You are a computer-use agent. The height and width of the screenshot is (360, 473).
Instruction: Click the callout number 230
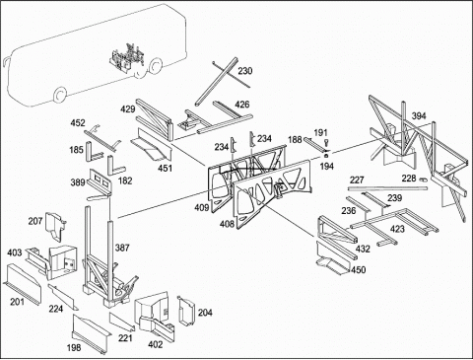[x=245, y=71]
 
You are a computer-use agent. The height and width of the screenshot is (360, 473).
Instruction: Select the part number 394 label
[x=419, y=115]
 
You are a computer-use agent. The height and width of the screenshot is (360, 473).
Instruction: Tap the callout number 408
[x=227, y=224]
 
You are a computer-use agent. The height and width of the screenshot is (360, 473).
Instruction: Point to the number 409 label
[x=201, y=207]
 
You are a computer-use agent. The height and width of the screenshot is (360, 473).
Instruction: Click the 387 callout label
[x=122, y=248]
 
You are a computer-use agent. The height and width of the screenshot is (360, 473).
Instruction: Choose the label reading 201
[x=17, y=301]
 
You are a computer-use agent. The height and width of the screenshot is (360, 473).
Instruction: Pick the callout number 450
[x=358, y=269]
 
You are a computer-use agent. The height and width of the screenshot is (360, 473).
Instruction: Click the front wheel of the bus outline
[x=59, y=96]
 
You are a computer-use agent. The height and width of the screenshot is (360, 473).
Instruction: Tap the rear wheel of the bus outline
[x=155, y=66]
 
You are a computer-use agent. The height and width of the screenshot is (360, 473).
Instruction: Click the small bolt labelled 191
[x=326, y=143]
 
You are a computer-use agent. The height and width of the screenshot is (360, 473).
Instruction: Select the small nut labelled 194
[x=326, y=155]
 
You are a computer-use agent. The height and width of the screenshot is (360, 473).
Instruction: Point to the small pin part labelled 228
[x=423, y=180]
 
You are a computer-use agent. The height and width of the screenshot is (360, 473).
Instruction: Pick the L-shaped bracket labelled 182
[x=115, y=167]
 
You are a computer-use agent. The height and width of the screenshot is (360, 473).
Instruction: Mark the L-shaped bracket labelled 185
[x=95, y=151]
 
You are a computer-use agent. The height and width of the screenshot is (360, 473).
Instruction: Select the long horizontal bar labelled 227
[x=387, y=188]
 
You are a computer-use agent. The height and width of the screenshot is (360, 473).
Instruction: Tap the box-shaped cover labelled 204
[x=185, y=311]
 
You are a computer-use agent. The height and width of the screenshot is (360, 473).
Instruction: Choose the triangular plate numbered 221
[x=122, y=322]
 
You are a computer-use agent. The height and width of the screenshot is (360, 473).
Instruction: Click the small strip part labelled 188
[x=312, y=144]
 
